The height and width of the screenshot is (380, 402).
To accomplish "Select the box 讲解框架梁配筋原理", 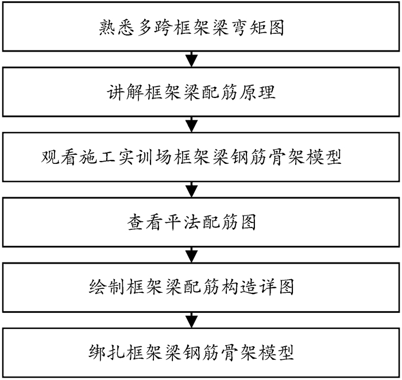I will coord(201,92).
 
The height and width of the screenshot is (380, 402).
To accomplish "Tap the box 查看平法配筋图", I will coord(201,222).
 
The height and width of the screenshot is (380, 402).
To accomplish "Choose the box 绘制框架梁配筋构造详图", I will coord(201,287).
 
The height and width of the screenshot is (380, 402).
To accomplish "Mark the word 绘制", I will coord(105,287).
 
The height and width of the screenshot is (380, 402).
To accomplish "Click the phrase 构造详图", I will coord(261,287).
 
